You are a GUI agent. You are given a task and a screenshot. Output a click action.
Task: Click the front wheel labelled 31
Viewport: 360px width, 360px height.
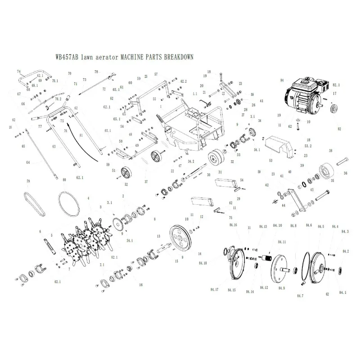pos(218,158)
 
